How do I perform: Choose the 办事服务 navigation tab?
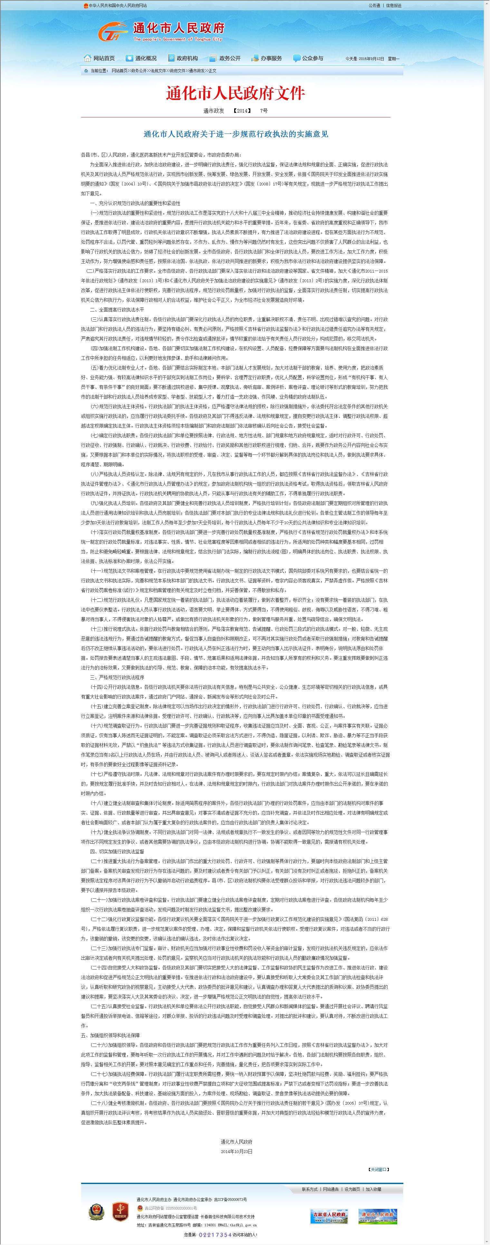pos(267,58)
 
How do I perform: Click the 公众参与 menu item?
pos(309,58)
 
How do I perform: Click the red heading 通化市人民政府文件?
pos(235,93)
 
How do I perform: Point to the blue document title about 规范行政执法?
pos(235,134)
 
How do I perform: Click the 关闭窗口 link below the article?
pos(379,1169)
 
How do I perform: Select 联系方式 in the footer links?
pos(310,1189)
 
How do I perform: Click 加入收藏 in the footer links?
pos(373,1189)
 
